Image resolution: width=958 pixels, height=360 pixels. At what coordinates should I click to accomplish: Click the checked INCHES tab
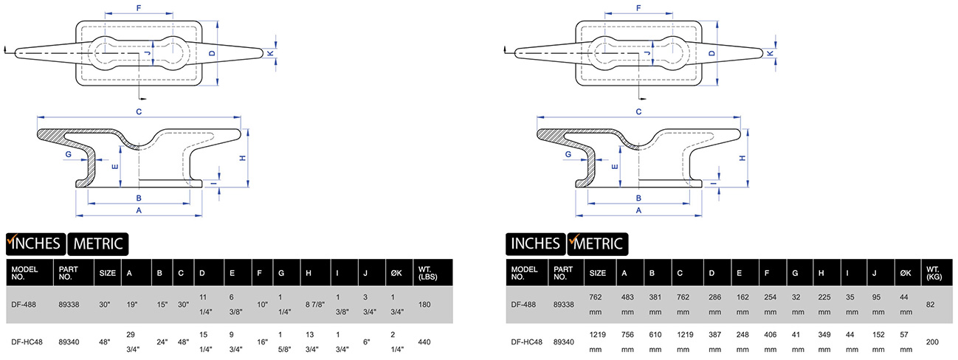click(35, 243)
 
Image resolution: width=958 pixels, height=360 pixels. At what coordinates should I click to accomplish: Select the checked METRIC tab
click(597, 243)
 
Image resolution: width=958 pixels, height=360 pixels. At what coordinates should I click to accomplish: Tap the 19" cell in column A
click(134, 303)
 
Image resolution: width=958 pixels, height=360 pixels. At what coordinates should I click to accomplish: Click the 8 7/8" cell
click(314, 303)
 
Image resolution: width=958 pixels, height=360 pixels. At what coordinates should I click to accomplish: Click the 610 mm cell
click(656, 342)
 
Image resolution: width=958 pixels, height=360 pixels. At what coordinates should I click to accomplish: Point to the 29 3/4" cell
click(134, 342)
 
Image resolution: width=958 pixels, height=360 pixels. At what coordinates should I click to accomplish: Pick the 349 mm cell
click(825, 342)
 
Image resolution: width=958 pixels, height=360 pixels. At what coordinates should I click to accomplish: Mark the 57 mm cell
click(906, 342)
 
